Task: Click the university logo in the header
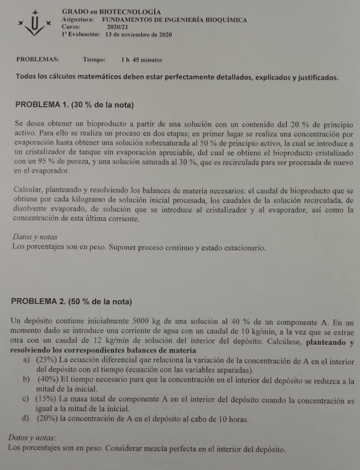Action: click(34, 24)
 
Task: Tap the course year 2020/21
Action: click(118, 27)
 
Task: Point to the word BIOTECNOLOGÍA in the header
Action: click(130, 12)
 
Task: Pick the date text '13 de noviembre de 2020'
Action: click(139, 34)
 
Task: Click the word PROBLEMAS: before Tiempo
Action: click(38, 59)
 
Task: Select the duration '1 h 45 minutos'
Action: click(141, 59)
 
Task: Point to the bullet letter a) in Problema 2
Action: click(26, 361)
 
